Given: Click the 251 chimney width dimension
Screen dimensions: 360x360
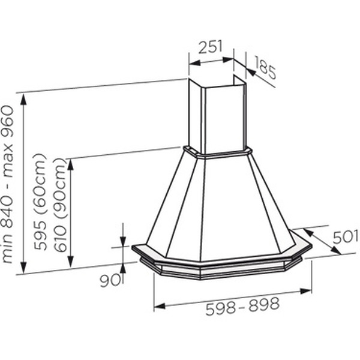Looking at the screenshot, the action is coord(211,47).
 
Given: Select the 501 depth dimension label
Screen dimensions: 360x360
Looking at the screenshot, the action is coord(346,237).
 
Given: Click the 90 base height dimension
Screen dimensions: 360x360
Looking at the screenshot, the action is coord(110,280).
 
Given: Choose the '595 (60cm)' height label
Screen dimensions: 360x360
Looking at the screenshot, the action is coord(40,202).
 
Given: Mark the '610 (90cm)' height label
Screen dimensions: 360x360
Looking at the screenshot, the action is coord(60,205).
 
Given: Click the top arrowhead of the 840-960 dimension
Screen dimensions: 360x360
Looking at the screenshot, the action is coord(23,100).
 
